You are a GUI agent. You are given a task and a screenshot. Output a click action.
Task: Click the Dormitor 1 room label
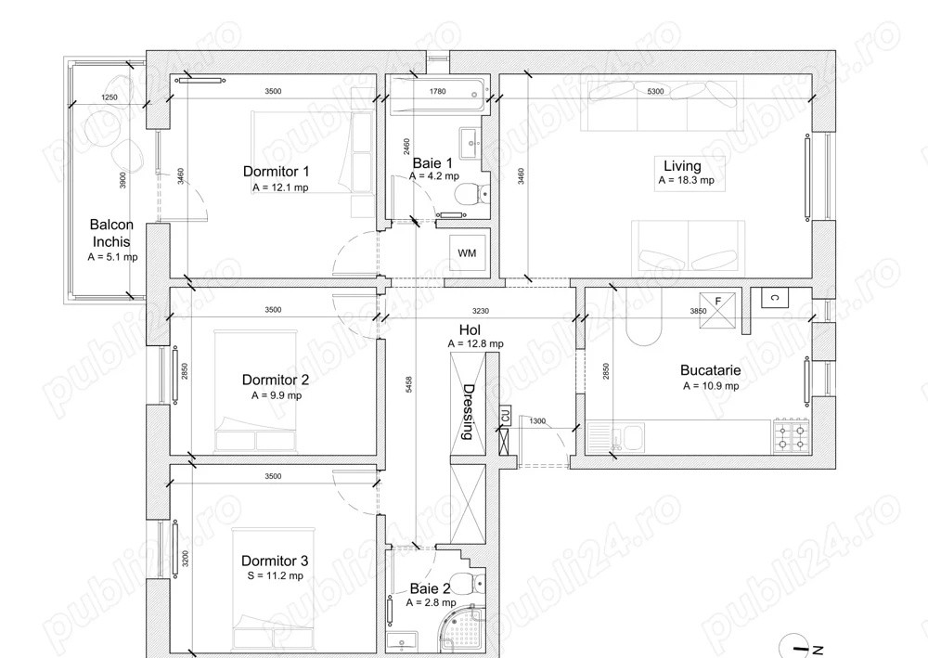click(276, 172)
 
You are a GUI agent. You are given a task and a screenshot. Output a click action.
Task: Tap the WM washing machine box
click(467, 252)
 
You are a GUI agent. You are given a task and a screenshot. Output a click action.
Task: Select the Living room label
click(682, 166)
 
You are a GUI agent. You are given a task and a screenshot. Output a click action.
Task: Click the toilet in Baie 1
click(470, 194)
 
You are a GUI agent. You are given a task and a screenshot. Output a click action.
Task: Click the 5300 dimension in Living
click(655, 91)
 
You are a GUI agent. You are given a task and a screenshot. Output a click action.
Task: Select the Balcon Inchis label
click(111, 233)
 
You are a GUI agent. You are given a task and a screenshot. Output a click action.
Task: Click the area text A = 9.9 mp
click(276, 394)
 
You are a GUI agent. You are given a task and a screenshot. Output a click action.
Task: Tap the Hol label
click(470, 329)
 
